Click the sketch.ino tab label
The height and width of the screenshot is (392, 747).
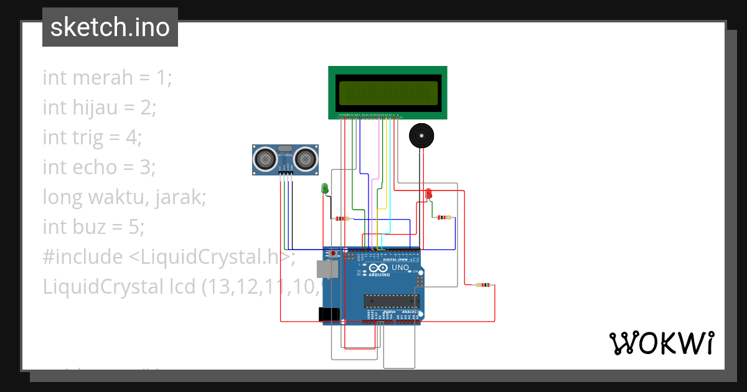110,27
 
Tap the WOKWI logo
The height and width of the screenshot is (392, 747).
660,343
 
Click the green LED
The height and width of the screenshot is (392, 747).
324,187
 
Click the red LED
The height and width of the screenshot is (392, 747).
428,194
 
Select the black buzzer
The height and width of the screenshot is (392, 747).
421,135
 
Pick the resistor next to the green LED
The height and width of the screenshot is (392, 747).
342,218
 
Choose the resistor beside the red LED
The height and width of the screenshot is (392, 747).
443,217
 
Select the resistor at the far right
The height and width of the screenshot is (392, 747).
482,285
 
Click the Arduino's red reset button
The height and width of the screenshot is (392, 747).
333,254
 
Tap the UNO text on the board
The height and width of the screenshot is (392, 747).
400,268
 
